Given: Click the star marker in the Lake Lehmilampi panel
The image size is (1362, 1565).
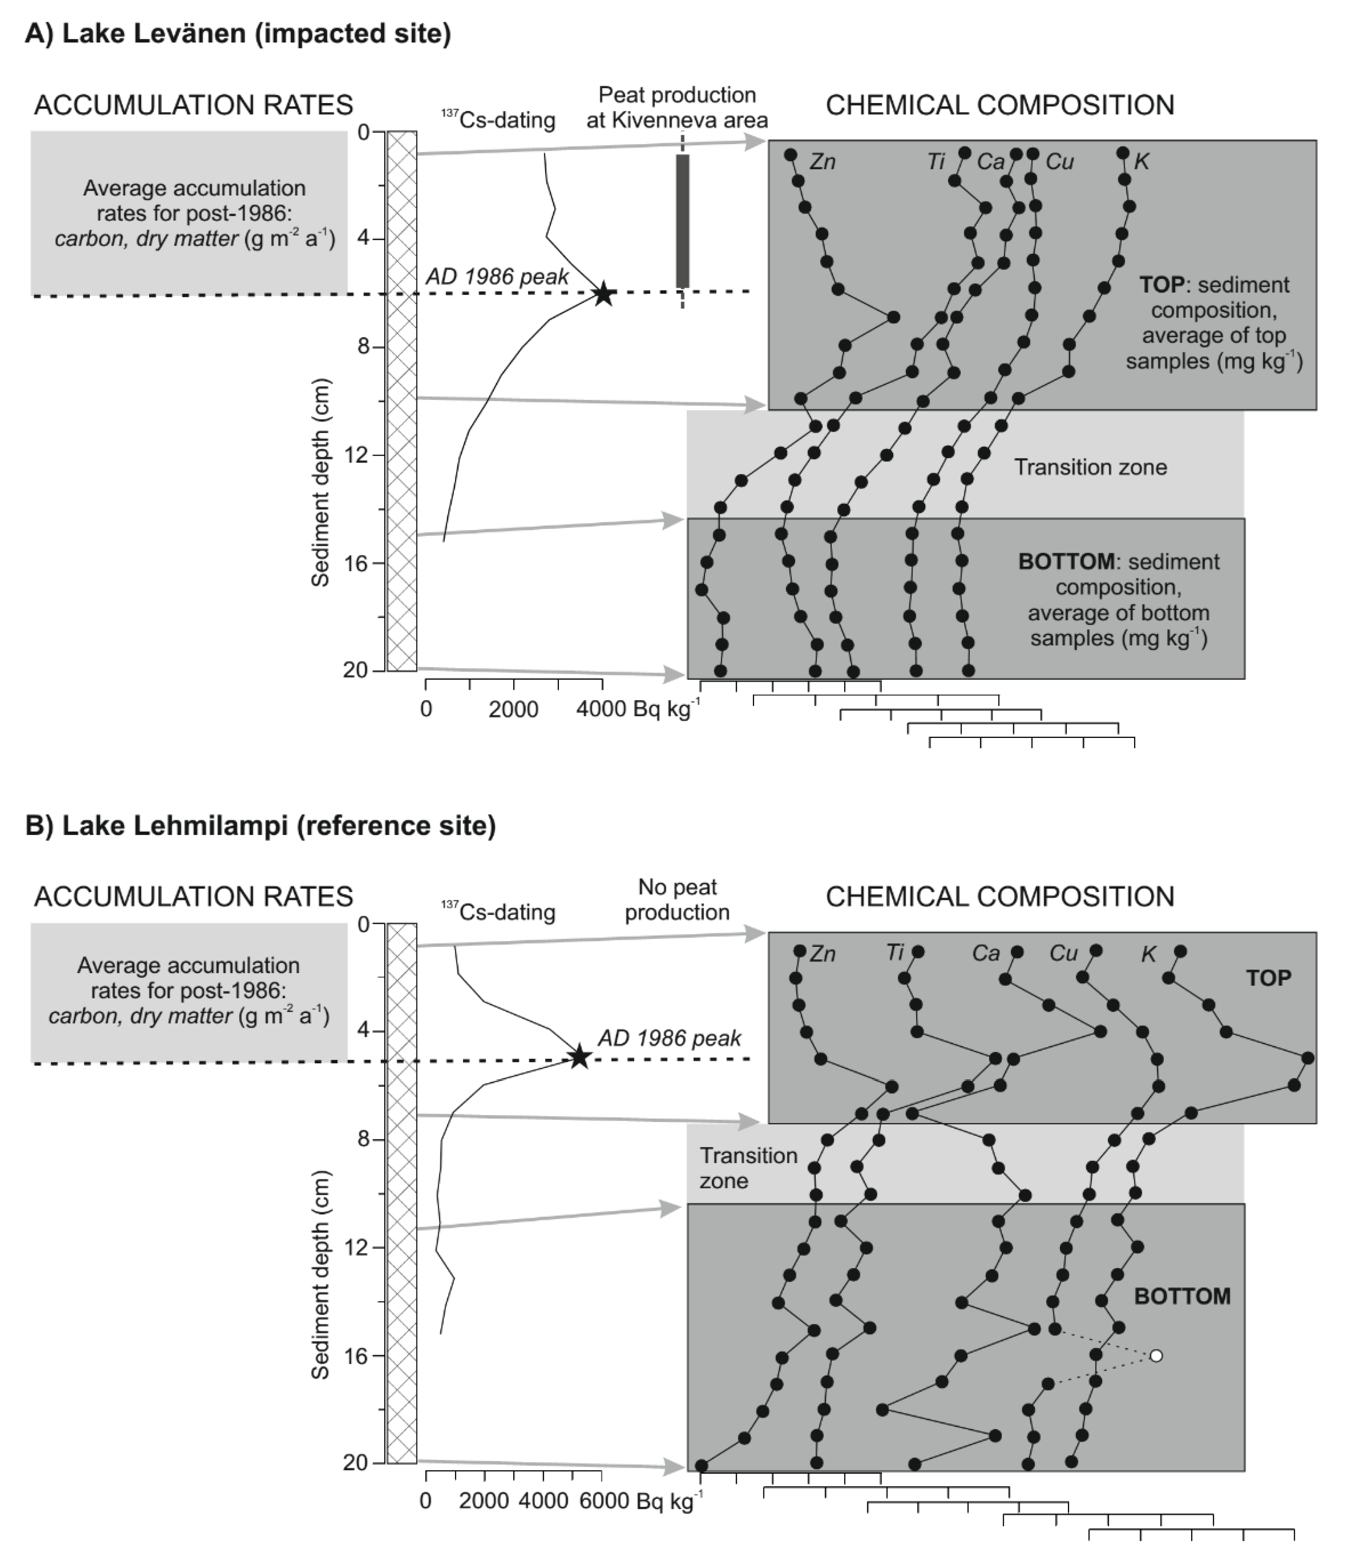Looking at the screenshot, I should [579, 1057].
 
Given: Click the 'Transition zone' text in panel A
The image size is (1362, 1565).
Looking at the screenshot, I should [1090, 467].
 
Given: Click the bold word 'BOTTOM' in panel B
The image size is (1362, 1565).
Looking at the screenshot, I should [1182, 1296].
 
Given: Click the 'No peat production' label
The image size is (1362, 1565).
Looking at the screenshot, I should [677, 900].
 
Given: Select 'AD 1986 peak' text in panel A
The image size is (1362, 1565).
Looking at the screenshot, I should [496, 276].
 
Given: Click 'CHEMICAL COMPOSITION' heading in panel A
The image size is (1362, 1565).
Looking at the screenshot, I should [1000, 105].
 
